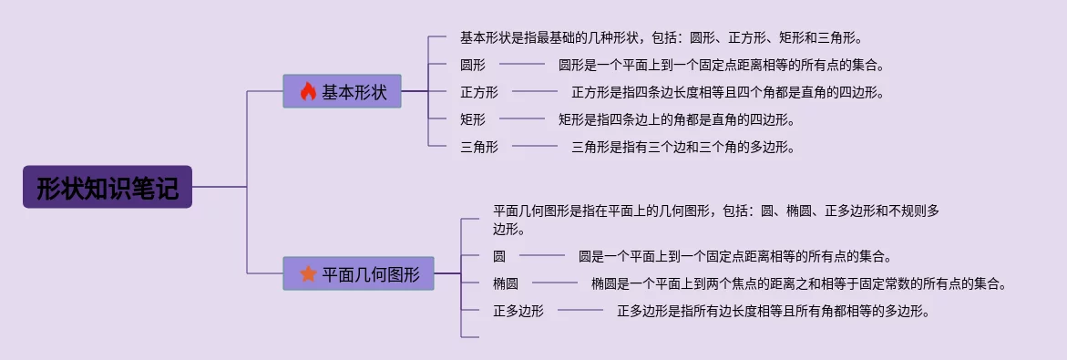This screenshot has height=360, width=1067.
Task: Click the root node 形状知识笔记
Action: (108, 187)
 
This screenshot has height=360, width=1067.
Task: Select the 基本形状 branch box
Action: (342, 91)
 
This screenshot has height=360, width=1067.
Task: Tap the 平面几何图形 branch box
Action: (358, 273)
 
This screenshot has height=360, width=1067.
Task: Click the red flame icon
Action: (308, 91)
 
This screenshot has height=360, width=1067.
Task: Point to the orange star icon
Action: (308, 273)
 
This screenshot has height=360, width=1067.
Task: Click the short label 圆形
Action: (473, 66)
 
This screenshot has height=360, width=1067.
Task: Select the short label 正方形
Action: (479, 93)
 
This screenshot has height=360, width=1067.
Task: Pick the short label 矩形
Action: (473, 119)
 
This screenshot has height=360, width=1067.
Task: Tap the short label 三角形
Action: (479, 147)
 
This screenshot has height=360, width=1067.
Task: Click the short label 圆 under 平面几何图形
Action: (499, 257)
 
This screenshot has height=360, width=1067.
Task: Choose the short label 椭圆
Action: (506, 283)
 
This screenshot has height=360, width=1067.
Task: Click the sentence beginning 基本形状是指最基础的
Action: (664, 37)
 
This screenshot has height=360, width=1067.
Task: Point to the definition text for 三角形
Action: (683, 147)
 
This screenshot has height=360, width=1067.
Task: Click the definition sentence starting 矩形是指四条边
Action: (676, 119)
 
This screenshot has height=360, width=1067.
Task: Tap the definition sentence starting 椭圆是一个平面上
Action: (799, 283)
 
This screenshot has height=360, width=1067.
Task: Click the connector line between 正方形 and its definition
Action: (535, 92)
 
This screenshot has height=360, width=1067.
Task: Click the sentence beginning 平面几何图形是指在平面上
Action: (716, 220)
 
